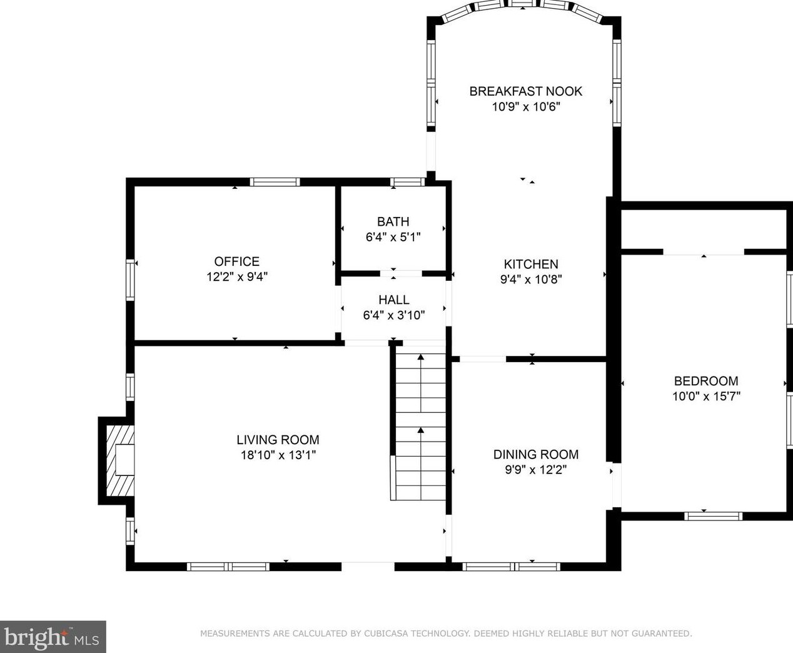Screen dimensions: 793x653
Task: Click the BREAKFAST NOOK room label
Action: tap(526, 91)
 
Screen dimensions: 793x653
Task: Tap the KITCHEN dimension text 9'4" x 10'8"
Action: tap(531, 280)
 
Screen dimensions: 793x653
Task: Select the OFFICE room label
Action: tap(237, 261)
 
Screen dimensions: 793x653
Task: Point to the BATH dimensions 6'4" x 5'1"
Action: tap(393, 237)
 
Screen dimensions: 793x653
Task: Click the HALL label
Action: tap(394, 300)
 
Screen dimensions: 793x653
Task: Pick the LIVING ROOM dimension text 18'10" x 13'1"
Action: tap(278, 455)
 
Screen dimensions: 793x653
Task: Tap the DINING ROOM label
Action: tap(536, 454)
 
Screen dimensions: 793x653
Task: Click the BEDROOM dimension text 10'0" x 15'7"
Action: tap(706, 396)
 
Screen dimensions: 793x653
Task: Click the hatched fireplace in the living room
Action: tap(120, 460)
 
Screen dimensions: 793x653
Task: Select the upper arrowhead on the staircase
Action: tap(421, 357)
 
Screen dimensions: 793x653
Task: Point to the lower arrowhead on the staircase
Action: tap(421, 430)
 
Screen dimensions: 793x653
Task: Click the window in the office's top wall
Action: tap(275, 182)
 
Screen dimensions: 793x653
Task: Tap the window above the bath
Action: tap(407, 182)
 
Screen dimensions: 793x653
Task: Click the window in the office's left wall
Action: tap(130, 280)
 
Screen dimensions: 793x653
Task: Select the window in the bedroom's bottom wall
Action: tap(714, 516)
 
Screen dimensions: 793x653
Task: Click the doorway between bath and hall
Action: tap(401, 273)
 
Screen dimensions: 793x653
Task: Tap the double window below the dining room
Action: tap(512, 567)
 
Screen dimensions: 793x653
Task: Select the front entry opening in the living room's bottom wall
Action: tap(368, 567)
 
